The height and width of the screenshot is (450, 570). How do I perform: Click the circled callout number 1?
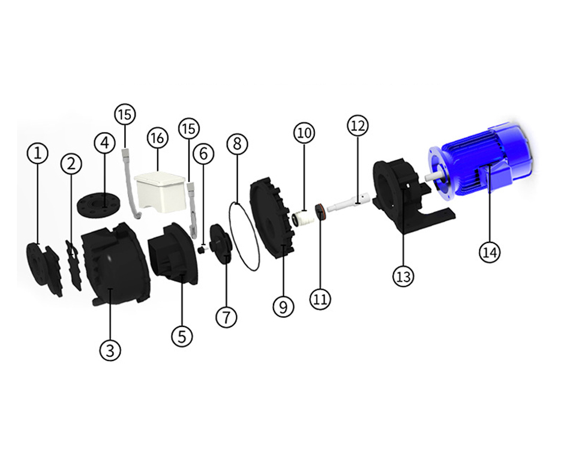pyautogui.click(x=38, y=154)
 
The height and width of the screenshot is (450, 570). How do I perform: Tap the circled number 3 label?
pyautogui.click(x=110, y=350)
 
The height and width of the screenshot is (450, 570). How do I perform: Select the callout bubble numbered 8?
pyautogui.click(x=237, y=145)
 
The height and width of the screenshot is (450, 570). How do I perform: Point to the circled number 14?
pyautogui.click(x=490, y=251)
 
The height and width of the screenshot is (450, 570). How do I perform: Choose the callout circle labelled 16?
pyautogui.click(x=158, y=138)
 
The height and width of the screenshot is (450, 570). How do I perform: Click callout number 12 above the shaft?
pyautogui.click(x=358, y=126)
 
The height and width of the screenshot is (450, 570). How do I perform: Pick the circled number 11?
pyautogui.click(x=320, y=299)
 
